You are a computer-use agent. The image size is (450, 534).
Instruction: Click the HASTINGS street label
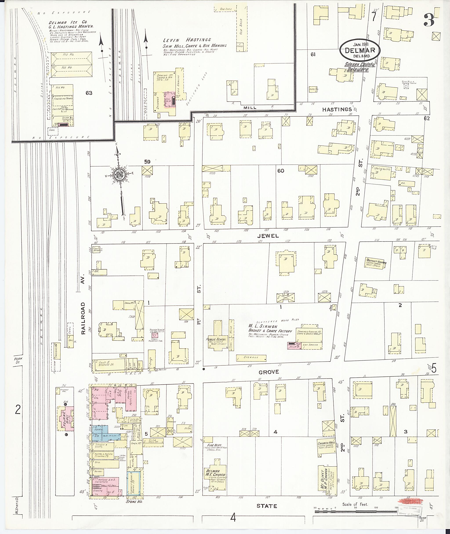[x=337, y=109]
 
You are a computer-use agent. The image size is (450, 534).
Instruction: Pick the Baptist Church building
[x=375, y=263]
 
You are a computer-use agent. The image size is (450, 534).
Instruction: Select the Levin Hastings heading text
[x=187, y=40]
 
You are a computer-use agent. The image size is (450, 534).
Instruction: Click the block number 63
[x=89, y=93]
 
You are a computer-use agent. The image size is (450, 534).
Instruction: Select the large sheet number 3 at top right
[x=429, y=20]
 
